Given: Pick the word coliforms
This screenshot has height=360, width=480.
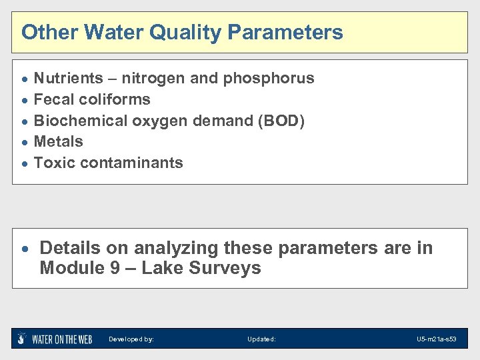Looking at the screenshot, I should (114, 99).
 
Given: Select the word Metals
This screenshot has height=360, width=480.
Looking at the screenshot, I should (58, 141).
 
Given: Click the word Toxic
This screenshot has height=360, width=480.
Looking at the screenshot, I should (53, 163).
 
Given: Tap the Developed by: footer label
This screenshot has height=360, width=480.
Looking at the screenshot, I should (131, 339).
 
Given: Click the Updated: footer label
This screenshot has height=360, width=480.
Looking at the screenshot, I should (261, 339).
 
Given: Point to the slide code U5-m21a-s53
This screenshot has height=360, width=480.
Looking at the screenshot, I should (437, 339).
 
